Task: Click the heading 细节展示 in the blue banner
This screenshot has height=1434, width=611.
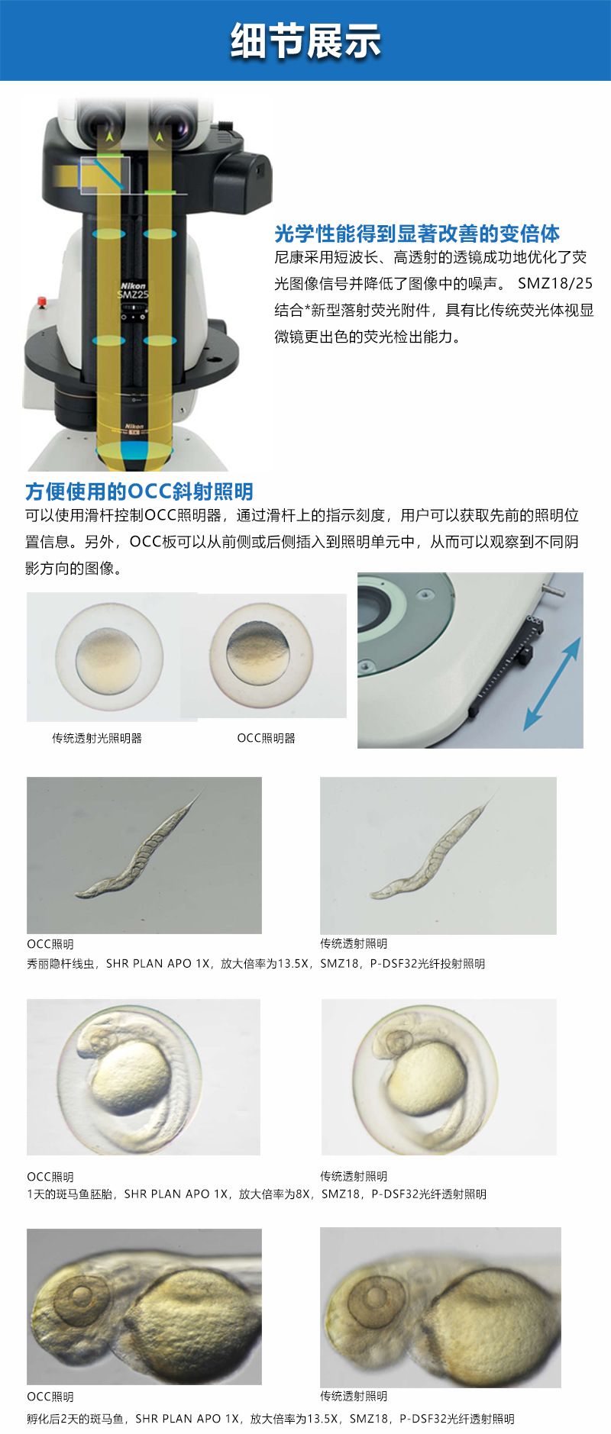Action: (305, 40)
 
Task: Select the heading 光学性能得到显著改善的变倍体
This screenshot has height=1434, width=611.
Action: (417, 234)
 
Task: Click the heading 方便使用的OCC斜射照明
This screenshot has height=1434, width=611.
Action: (139, 491)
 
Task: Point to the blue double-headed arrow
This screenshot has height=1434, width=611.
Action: (552, 683)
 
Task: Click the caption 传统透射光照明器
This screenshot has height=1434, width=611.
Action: (97, 738)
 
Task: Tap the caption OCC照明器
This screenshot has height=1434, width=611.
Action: (266, 738)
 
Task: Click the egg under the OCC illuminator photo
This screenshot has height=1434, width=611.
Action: (261, 655)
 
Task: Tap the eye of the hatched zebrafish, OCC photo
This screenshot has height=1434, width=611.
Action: (79, 1295)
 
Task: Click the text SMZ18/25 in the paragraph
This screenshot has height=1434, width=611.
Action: (555, 283)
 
